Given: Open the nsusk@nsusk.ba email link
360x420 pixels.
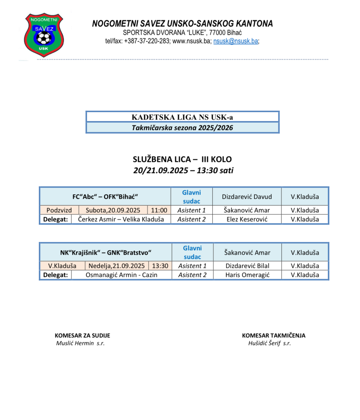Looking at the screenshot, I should (x=236, y=41).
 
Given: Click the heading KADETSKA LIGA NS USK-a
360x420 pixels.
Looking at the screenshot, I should (x=182, y=117).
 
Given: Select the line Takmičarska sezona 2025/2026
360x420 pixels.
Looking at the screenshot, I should (x=182, y=128).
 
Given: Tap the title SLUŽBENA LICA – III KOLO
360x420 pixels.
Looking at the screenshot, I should (x=182, y=159).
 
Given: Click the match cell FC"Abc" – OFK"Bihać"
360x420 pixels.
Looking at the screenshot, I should (x=105, y=197).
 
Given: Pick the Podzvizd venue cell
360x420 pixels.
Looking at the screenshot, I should (x=59, y=210).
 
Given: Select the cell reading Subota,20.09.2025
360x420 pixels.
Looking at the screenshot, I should (x=113, y=210).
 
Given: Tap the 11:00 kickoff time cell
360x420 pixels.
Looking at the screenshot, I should (x=159, y=210).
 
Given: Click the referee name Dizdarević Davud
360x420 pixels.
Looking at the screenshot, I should (x=247, y=197).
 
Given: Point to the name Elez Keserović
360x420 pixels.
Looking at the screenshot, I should (x=247, y=220).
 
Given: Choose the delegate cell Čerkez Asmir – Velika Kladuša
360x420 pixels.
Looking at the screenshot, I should (x=121, y=220).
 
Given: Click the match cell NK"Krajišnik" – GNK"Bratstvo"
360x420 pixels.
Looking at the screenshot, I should (x=106, y=253).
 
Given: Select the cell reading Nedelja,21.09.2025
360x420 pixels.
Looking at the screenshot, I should (x=117, y=266).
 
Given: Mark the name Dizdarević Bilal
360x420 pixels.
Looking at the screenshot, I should (x=247, y=266).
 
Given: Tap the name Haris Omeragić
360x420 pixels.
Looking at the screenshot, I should (x=247, y=275).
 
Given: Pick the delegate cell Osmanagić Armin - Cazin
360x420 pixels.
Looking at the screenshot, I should (x=121, y=275).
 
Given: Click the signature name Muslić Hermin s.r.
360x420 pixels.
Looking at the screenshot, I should (x=80, y=343).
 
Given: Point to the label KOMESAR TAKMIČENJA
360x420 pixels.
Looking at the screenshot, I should (x=274, y=336).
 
